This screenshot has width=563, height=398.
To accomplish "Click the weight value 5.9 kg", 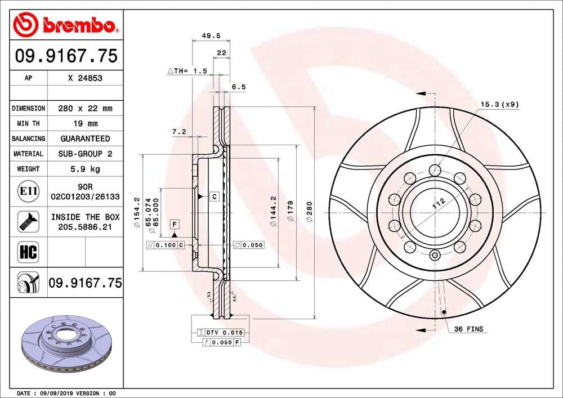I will point(85,168).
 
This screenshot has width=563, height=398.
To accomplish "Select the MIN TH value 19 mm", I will point(85,123).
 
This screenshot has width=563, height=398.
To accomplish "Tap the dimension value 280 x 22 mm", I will point(85,108).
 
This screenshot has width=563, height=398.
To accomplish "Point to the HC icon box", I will point(28,252).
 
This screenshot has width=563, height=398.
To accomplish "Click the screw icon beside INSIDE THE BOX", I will point(28,221).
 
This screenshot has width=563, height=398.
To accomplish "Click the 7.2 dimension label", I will point(179,132).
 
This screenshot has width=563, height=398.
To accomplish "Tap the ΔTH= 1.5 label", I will point(187,71).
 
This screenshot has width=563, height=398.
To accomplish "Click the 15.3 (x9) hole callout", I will point(499,104).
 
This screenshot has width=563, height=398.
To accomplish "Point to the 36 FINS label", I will point(468,329).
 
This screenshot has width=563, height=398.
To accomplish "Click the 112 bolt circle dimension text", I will point(439,204).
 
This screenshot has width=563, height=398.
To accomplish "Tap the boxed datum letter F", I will point(175,224).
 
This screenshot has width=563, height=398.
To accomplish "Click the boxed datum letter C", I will point(215,196).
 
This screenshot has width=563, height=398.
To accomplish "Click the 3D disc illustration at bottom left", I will point(62,346).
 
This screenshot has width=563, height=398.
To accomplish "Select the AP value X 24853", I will point(85,79).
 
